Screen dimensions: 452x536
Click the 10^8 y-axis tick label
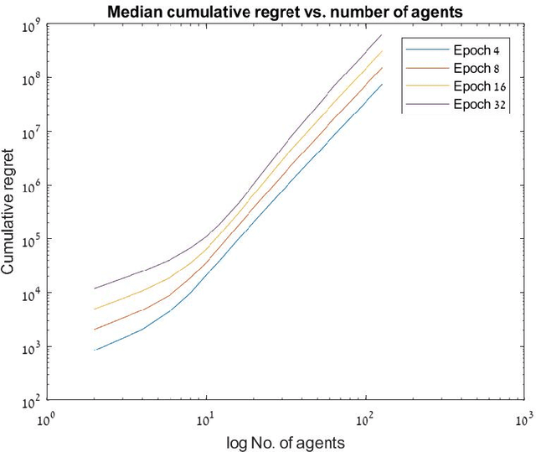click(x=30, y=80)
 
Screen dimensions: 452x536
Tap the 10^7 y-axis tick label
click(x=30, y=133)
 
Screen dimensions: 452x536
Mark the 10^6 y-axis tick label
click(x=30, y=187)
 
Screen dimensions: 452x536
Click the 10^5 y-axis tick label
click(x=30, y=241)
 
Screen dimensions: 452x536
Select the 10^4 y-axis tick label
click(x=30, y=294)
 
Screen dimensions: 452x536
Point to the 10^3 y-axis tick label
click(x=30, y=348)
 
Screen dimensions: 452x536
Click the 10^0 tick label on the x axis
click(x=48, y=417)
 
